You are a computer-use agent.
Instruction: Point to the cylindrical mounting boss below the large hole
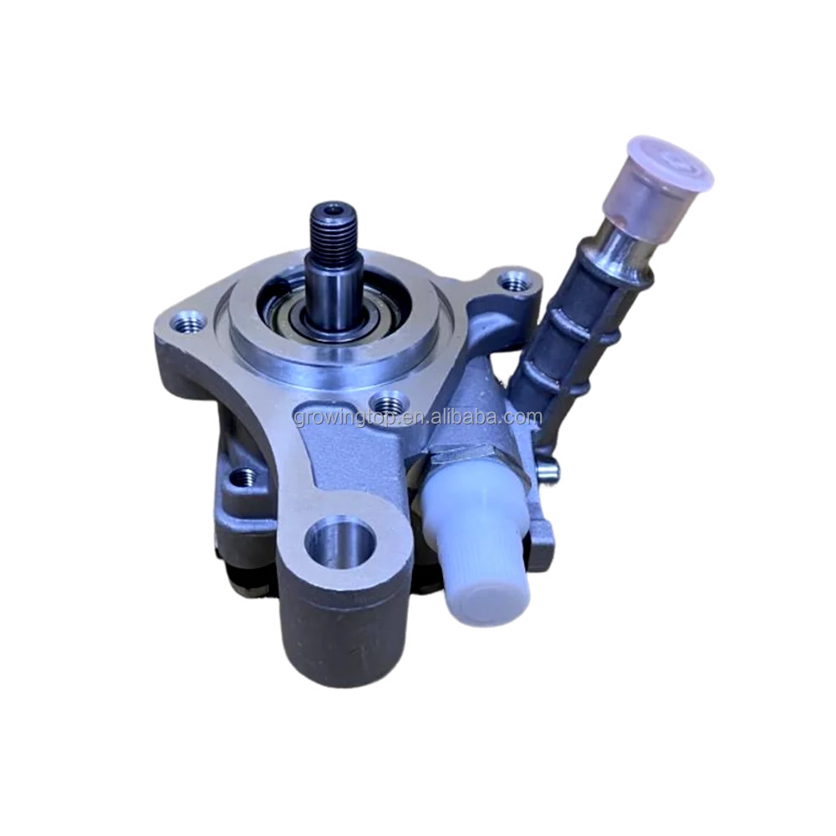(x=326, y=635)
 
